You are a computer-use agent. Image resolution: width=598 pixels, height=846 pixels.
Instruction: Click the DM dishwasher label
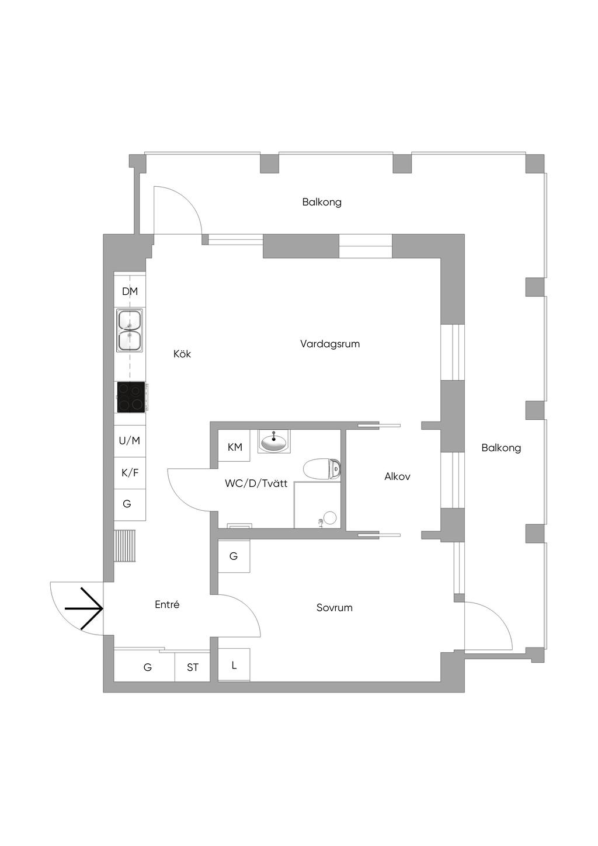tap(130, 291)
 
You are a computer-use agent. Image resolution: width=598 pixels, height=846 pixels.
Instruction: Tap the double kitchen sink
tap(130, 330)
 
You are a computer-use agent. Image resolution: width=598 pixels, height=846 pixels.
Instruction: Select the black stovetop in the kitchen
tap(131, 397)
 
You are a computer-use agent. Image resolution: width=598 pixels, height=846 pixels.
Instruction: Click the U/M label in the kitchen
tap(130, 441)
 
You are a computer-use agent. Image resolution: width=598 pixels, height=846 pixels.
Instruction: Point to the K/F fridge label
tap(130, 472)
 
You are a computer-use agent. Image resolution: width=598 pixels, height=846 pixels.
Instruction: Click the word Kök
tap(182, 354)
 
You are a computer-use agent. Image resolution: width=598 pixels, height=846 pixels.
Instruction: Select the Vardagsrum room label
tap(330, 344)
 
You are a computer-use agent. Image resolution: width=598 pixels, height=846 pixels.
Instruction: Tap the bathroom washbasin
tap(274, 442)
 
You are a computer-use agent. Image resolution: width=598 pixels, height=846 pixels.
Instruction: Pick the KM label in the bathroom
tap(235, 447)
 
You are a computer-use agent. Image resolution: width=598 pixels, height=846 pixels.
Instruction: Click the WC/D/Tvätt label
tap(256, 483)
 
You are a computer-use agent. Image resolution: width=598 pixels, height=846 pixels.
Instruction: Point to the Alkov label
tap(397, 476)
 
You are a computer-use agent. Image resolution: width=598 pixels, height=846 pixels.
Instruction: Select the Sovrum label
tap(335, 608)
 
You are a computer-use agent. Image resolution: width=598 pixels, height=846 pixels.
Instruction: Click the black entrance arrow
tap(85, 608)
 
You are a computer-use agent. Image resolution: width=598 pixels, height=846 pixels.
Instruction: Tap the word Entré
tap(167, 605)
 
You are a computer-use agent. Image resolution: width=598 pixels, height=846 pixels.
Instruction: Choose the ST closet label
tap(193, 667)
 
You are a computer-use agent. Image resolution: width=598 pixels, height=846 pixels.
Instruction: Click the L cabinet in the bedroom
tap(234, 665)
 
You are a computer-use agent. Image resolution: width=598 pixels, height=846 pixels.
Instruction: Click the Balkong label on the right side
tap(501, 448)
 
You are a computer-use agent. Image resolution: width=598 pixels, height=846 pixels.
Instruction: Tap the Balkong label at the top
tap(322, 202)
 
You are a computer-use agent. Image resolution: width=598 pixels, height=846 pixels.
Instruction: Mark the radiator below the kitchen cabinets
tap(124, 546)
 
